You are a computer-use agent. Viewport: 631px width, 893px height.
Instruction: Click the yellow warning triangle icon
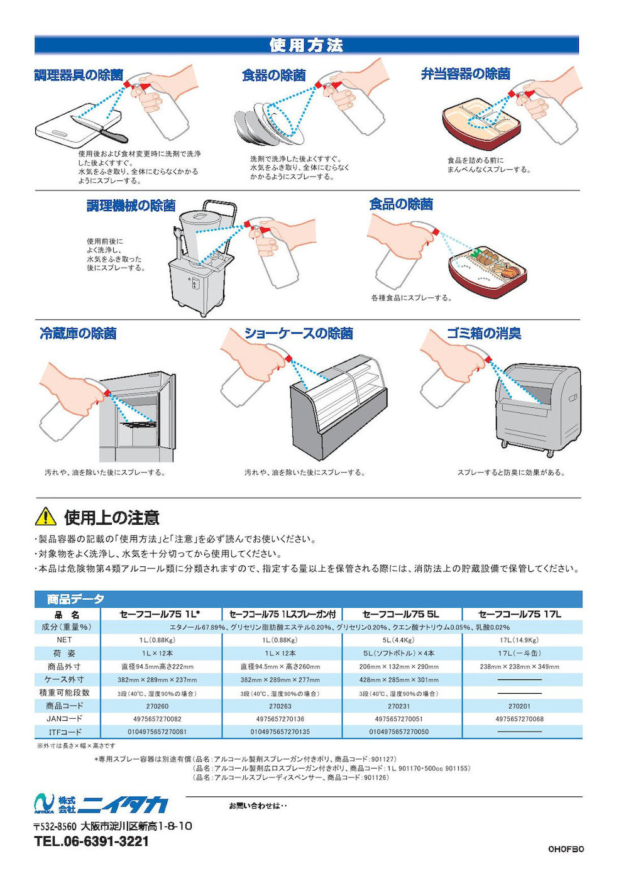pos(45,517)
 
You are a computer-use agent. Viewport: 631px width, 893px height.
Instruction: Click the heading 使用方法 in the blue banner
pos(306,45)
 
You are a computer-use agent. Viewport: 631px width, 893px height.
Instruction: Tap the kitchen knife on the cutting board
pos(100,128)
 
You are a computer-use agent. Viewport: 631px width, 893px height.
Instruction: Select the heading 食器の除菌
pos(274,75)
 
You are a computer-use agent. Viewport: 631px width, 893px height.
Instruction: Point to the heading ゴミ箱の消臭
pos(484,333)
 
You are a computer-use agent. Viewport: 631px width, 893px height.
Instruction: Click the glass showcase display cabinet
pos(339,406)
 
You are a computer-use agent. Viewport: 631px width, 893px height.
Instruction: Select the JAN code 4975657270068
pos(519,719)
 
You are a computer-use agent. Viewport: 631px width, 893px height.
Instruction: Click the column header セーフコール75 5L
pos(400,615)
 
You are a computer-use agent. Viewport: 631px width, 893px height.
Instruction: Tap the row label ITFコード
pos(65,732)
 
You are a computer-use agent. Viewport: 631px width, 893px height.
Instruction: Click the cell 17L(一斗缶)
pos(519,653)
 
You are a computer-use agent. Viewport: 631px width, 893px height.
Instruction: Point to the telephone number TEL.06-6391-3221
pos(91,841)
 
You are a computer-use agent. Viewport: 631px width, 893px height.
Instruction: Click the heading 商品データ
pos(75,599)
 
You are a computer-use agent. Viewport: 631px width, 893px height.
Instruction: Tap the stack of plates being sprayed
pos(270,124)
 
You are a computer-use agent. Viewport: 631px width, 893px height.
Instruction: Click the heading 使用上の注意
pos(112,517)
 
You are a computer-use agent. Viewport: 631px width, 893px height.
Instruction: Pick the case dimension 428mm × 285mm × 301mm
pos(398,680)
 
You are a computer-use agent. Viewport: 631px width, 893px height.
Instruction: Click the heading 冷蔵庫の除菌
pos(78,333)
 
